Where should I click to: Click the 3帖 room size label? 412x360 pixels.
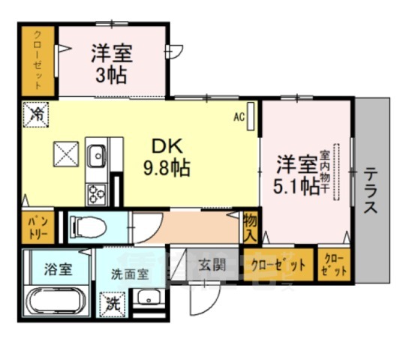113,76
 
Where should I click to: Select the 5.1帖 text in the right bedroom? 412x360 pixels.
297,185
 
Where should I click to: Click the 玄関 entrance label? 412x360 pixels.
212,264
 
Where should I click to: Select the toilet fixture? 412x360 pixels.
89,225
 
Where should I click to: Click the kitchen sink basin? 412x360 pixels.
98,157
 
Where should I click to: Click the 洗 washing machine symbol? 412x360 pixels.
112,304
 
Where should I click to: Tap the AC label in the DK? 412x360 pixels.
239,116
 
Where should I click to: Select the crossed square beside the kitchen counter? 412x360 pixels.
65,155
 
